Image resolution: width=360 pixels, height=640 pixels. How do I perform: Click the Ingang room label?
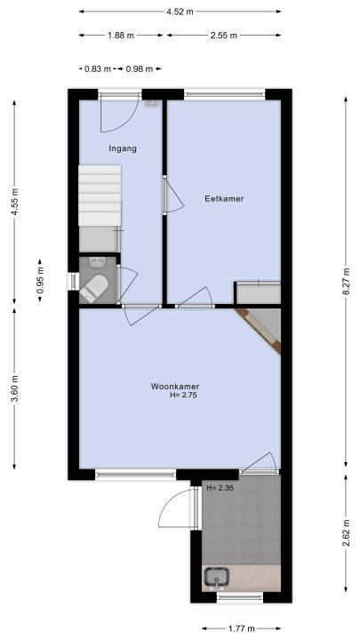[x=123, y=148]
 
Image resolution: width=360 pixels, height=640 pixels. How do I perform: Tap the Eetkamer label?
[x=224, y=199]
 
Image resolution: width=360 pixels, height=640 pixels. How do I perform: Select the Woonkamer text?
[x=175, y=386]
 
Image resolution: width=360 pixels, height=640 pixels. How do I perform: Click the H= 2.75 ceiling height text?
[x=184, y=395]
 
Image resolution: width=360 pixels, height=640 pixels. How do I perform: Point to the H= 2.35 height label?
[x=220, y=487]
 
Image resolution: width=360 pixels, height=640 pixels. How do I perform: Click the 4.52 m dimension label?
[x=180, y=12]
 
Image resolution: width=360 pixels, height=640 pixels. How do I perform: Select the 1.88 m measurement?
[x=121, y=35]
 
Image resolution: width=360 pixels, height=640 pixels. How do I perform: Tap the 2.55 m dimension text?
[x=224, y=35]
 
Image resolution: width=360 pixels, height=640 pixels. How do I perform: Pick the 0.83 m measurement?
[x=98, y=69]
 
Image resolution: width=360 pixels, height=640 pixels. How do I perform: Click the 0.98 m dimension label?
[x=140, y=69]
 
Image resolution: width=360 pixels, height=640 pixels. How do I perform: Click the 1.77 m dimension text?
[x=240, y=628]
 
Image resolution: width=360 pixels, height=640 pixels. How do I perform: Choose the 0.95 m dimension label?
[x=40, y=280]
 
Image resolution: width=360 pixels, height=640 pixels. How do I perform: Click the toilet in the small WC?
[x=94, y=288]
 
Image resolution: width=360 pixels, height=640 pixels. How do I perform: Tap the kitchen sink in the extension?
[x=216, y=579]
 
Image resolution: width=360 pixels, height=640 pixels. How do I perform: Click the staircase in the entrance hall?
[x=100, y=195]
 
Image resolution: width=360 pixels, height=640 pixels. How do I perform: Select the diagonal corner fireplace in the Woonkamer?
[x=260, y=330]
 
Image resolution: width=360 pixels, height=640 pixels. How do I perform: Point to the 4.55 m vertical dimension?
[x=14, y=202]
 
